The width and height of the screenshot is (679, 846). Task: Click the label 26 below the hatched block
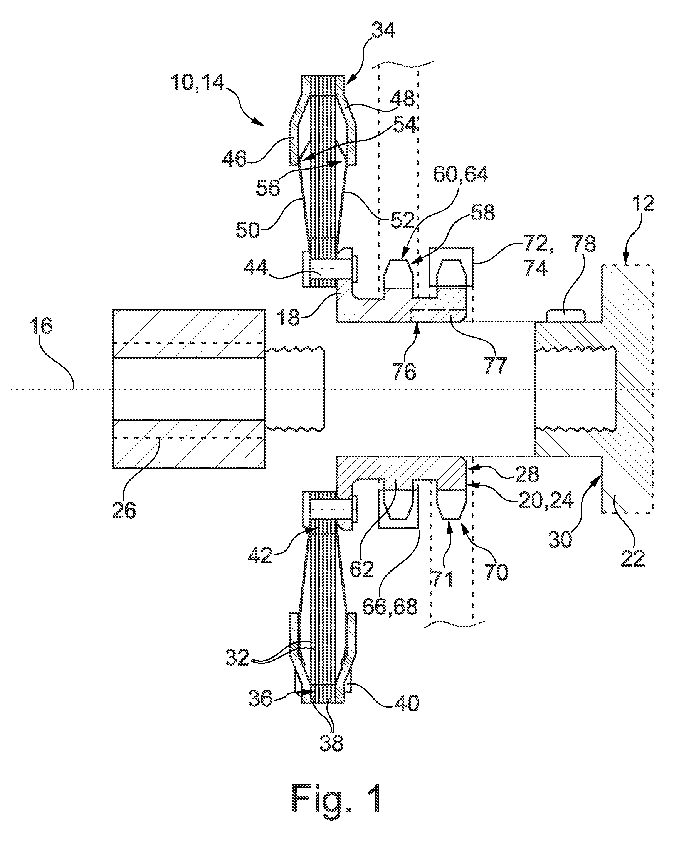pos(124,511)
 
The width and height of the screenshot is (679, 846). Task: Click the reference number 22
pos(633,558)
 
